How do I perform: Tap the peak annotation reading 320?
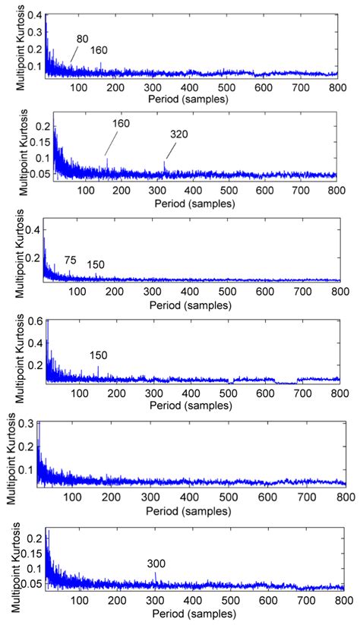179,134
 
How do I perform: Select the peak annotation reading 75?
70,260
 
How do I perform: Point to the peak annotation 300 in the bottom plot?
156,564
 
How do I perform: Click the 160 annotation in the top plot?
99,51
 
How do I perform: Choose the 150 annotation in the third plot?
96,264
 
